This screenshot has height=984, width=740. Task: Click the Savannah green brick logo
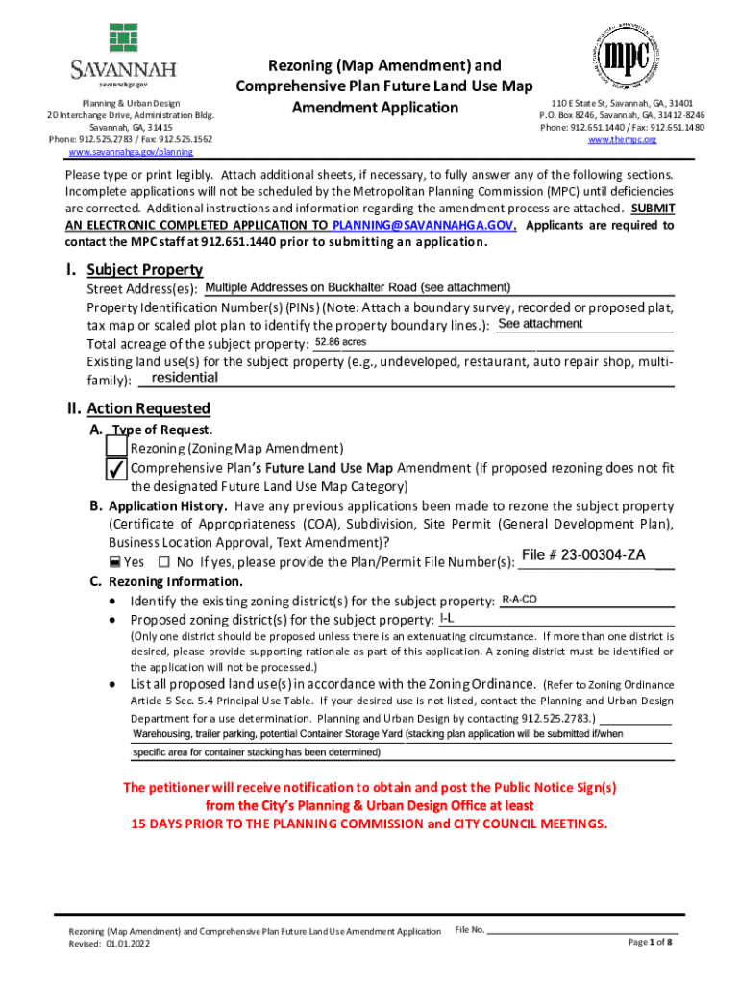[124, 37]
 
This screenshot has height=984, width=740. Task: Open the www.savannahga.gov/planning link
[130, 152]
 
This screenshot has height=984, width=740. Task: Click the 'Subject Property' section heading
[144, 270]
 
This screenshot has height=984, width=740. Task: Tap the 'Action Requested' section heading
[148, 408]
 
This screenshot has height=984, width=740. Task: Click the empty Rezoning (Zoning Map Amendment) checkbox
[116, 448]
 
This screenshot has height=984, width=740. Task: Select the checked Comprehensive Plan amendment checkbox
[115, 468]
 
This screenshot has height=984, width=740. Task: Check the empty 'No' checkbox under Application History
[163, 561]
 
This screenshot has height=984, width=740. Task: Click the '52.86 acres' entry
[341, 342]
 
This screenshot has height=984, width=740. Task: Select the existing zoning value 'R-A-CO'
[519, 600]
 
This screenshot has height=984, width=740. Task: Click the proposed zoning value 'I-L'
[447, 618]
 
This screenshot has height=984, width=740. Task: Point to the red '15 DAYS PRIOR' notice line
[369, 824]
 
